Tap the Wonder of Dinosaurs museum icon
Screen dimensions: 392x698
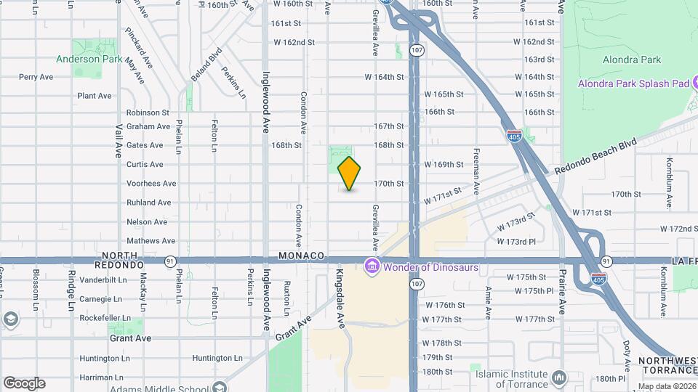point(372,267)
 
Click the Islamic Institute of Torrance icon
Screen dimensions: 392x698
point(558,378)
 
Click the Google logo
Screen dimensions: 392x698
point(24,383)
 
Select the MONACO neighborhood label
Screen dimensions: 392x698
point(300,256)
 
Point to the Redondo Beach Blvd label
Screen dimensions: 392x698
point(595,156)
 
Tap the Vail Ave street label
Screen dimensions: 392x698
point(118,139)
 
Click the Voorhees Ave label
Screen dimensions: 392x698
point(151,184)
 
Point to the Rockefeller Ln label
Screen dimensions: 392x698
point(105,318)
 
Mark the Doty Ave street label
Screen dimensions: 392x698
point(626,355)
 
